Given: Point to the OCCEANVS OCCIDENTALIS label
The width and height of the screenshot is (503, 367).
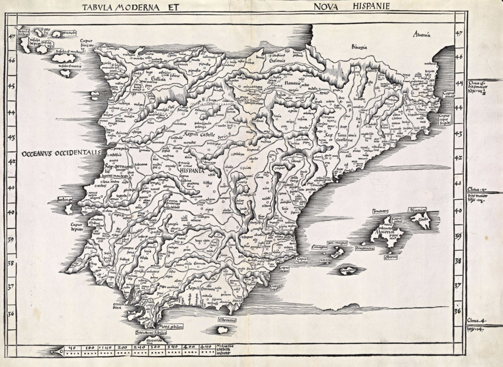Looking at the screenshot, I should [61, 153].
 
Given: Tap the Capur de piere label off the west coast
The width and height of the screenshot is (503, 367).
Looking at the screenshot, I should [72, 228].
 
